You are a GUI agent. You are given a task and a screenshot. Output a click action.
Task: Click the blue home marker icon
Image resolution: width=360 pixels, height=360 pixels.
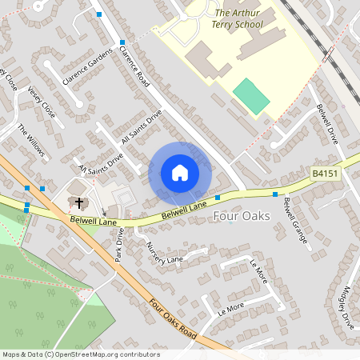pyautogui.click(x=180, y=173)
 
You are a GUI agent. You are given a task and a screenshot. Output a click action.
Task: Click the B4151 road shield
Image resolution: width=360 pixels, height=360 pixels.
pyautogui.click(x=325, y=174)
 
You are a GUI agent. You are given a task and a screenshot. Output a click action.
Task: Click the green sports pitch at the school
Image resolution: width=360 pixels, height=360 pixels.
pyautogui.click(x=251, y=96)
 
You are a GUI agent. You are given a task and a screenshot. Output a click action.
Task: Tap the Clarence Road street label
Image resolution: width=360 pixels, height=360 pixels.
pyautogui.click(x=134, y=66)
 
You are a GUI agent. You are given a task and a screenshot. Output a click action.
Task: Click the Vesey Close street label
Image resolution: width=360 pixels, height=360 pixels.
pyautogui.click(x=41, y=102)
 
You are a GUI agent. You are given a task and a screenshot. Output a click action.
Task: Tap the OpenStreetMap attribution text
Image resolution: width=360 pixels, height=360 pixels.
pyautogui.click(x=80, y=354)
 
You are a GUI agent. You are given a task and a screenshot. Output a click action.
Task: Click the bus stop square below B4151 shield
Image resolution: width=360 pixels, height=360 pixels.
pyautogui.click(x=276, y=194)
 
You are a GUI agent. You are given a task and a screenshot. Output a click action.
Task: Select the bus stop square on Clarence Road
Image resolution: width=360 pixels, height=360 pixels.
pyautogui.click(x=122, y=42)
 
